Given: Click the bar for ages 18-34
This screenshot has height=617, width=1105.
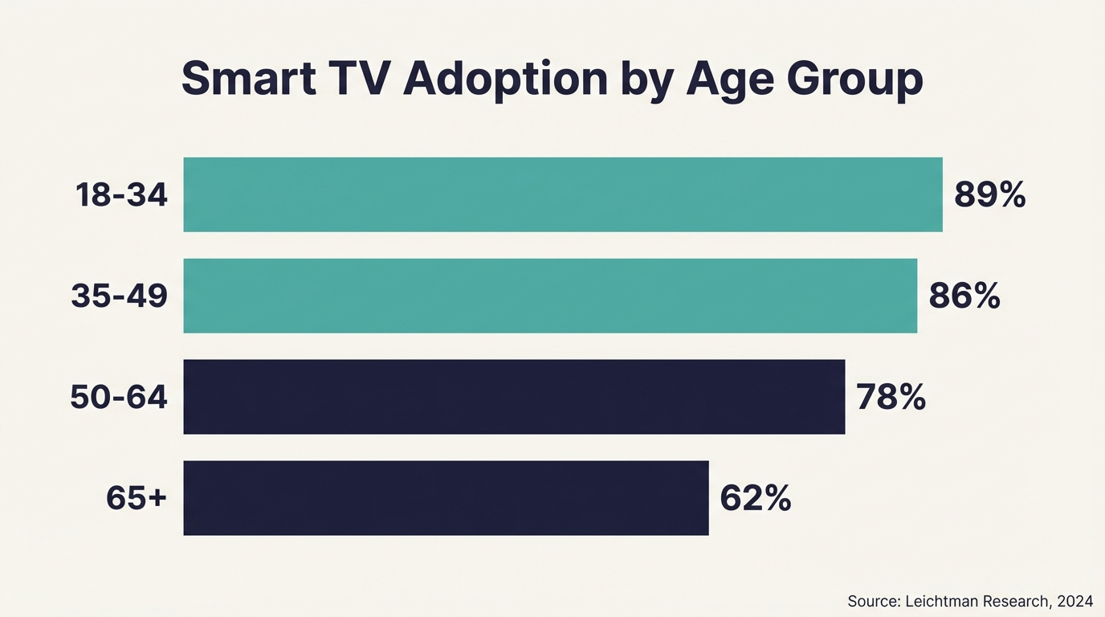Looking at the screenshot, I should (x=562, y=194).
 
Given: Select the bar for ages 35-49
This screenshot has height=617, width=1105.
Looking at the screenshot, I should (x=550, y=296).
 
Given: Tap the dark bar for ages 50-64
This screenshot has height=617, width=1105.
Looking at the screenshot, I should (x=514, y=397).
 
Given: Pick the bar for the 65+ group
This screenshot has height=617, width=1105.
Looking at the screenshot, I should (x=446, y=498).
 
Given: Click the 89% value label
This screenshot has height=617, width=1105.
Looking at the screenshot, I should (x=989, y=194).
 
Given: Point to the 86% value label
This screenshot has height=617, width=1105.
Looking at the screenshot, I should (x=964, y=296).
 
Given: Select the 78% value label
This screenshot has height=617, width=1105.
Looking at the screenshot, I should (x=891, y=398).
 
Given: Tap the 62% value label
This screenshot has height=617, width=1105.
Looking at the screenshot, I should (x=755, y=499).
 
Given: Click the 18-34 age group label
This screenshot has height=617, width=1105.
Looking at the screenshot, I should (x=121, y=195).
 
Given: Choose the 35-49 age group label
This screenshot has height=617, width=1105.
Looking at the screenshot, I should (x=119, y=296).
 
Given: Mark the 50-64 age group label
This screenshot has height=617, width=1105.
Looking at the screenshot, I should (x=119, y=398).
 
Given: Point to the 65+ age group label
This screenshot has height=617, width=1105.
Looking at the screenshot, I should (x=137, y=499).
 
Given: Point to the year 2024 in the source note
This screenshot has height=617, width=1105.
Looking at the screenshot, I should (x=1074, y=601).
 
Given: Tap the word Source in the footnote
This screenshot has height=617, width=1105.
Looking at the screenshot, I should (x=873, y=601).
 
